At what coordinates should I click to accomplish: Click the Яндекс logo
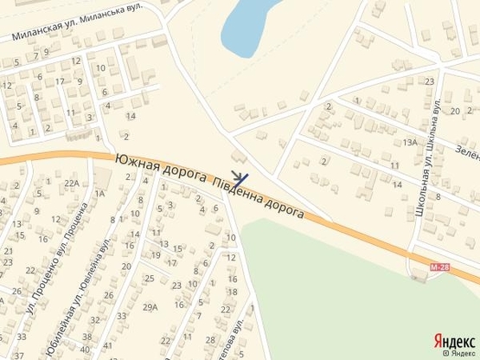click(x=453, y=340)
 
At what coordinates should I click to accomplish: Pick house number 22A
click(x=72, y=183)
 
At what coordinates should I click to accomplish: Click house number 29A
click(x=150, y=306)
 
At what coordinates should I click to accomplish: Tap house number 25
click(x=149, y=278)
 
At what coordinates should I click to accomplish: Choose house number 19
click(x=156, y=254)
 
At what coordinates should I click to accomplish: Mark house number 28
click(x=210, y=339)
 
